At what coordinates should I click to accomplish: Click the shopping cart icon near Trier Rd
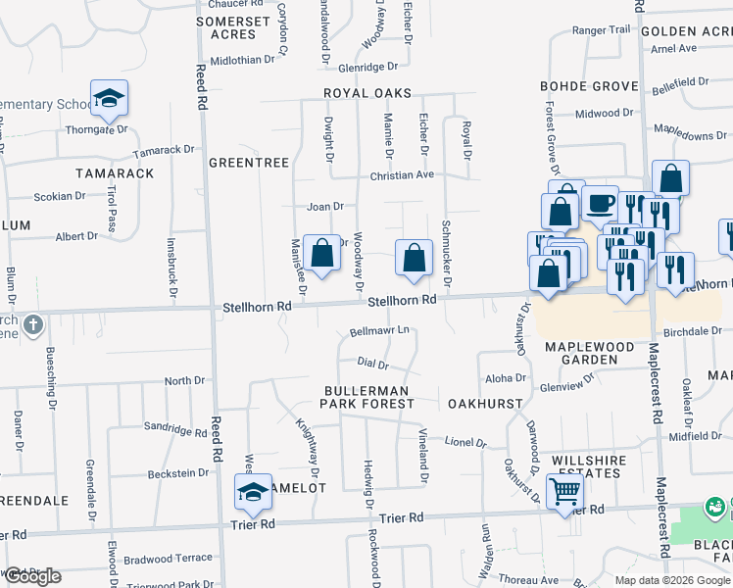tap(564, 492)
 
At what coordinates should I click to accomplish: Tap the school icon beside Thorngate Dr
tap(110, 98)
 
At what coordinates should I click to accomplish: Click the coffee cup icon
tap(599, 204)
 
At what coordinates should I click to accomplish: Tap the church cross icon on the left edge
tap(32, 324)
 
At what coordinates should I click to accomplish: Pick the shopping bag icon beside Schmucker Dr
tap(415, 258)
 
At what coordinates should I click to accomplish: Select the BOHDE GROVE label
tap(589, 86)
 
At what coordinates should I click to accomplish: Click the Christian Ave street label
tap(401, 174)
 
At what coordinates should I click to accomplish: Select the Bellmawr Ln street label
tap(379, 332)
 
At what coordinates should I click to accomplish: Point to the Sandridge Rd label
tap(174, 428)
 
